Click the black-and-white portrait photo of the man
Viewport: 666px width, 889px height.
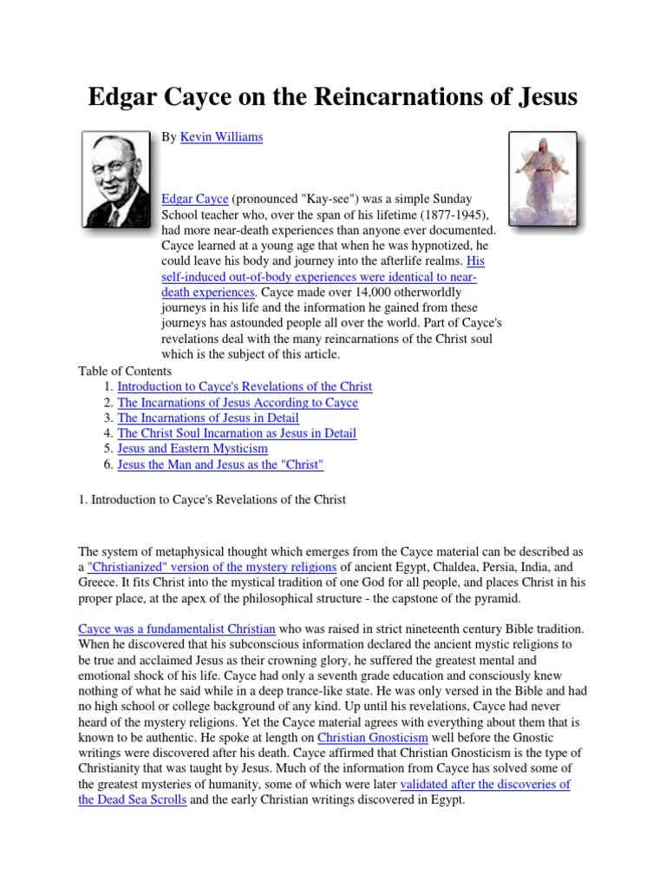pyautogui.click(x=115, y=180)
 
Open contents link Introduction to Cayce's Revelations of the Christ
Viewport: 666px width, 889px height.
pyautogui.click(x=245, y=386)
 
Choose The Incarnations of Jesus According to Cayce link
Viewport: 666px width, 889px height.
pyautogui.click(x=238, y=402)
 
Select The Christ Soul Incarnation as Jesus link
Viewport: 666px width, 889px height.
pyautogui.click(x=237, y=433)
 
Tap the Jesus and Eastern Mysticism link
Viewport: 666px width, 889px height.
pyautogui.click(x=193, y=449)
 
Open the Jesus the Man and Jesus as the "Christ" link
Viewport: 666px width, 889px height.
pyautogui.click(x=220, y=464)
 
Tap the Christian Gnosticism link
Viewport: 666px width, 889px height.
pyautogui.click(x=366, y=737)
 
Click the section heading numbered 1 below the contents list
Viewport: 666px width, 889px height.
pyautogui.click(x=212, y=499)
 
